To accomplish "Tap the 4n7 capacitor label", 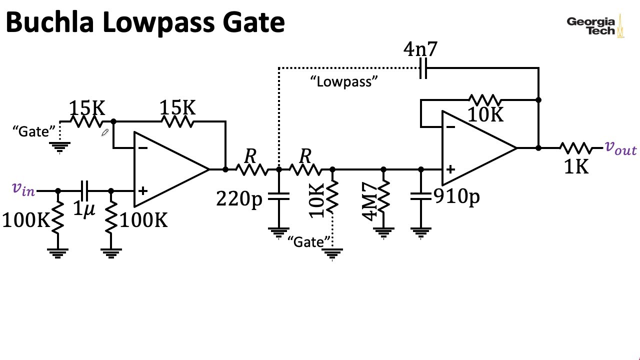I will (x=420, y=49).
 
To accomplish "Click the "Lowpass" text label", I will (x=344, y=81).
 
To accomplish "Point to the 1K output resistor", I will (x=575, y=148).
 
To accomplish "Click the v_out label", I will (x=620, y=147).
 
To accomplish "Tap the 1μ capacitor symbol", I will (x=84, y=190).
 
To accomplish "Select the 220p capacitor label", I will (x=239, y=199).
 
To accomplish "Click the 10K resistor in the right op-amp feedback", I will (x=484, y=100).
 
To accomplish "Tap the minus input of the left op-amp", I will (x=142, y=147).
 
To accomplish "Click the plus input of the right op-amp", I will (x=450, y=169).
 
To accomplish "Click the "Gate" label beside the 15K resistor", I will (x=34, y=131).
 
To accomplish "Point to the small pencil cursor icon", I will (x=105, y=132).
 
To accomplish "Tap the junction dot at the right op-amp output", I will (x=538, y=148).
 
